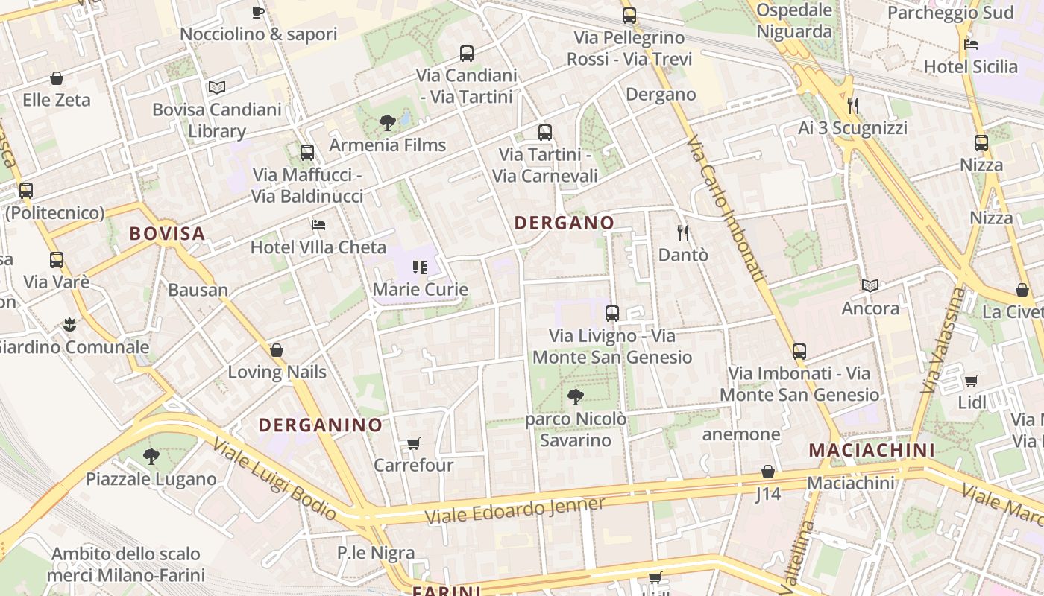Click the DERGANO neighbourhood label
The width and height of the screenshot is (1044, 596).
pos(564,223)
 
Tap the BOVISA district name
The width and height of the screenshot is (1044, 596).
pos(167,234)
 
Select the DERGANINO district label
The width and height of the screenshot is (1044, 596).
pos(320,425)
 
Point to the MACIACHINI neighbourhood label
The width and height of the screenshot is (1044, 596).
pos(871,450)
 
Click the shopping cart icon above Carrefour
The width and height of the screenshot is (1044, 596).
pos(413,444)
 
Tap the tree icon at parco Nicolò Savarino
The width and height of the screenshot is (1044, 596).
pos(575,396)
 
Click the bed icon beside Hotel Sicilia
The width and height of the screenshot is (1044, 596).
pos(970,44)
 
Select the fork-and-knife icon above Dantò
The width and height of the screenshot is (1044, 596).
pos(682,232)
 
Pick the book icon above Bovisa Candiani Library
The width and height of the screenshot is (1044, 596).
pos(217,87)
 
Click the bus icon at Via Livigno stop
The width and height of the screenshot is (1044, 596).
pos(612,314)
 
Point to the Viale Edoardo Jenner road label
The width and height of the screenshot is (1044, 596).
pos(515,510)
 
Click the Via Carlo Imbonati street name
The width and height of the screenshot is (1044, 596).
pos(727,209)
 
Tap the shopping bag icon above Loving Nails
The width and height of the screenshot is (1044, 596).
pos(277,350)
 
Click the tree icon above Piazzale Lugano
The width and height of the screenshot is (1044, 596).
pos(151,456)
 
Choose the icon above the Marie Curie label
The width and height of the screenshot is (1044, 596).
pos(420,267)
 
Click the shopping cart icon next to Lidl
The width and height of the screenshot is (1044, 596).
pos(971,381)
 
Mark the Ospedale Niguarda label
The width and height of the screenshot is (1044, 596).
pos(794,21)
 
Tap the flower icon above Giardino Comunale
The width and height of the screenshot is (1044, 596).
pos(69,324)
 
